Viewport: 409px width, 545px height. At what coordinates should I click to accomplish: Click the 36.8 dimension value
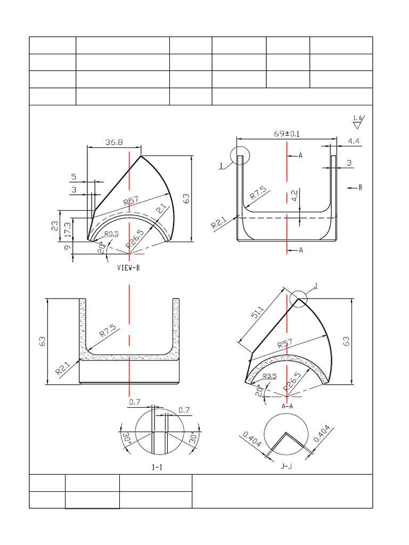point(113,142)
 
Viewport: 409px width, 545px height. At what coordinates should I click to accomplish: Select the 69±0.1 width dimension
point(287,134)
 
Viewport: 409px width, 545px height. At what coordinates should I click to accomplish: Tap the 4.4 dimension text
point(354,141)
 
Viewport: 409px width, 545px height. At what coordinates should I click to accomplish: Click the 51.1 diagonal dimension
point(258,312)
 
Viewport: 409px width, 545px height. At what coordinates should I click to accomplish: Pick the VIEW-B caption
point(128,268)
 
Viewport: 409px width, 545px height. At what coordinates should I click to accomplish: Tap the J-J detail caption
point(287,466)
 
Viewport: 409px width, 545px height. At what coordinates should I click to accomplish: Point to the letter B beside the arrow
point(361,187)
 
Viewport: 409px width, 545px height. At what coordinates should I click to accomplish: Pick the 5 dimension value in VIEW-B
point(73,176)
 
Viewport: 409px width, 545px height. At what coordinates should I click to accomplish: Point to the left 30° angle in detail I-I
point(126,440)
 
